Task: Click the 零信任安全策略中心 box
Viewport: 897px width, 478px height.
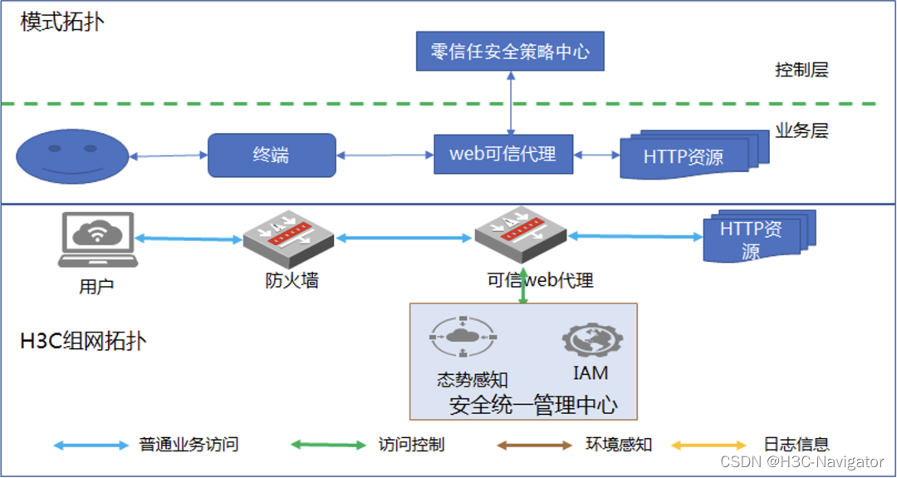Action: point(510,52)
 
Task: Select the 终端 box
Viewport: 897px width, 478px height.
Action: point(272,155)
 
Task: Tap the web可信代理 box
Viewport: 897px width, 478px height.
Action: point(503,154)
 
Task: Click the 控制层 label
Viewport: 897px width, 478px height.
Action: point(801,70)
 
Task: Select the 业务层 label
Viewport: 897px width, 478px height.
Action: point(801,131)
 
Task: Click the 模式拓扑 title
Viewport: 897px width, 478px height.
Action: point(62,22)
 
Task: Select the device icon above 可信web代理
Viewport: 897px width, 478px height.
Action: point(520,236)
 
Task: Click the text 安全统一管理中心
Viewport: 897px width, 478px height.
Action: point(532,406)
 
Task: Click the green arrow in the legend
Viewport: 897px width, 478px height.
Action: point(326,446)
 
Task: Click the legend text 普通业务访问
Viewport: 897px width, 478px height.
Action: point(189,445)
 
